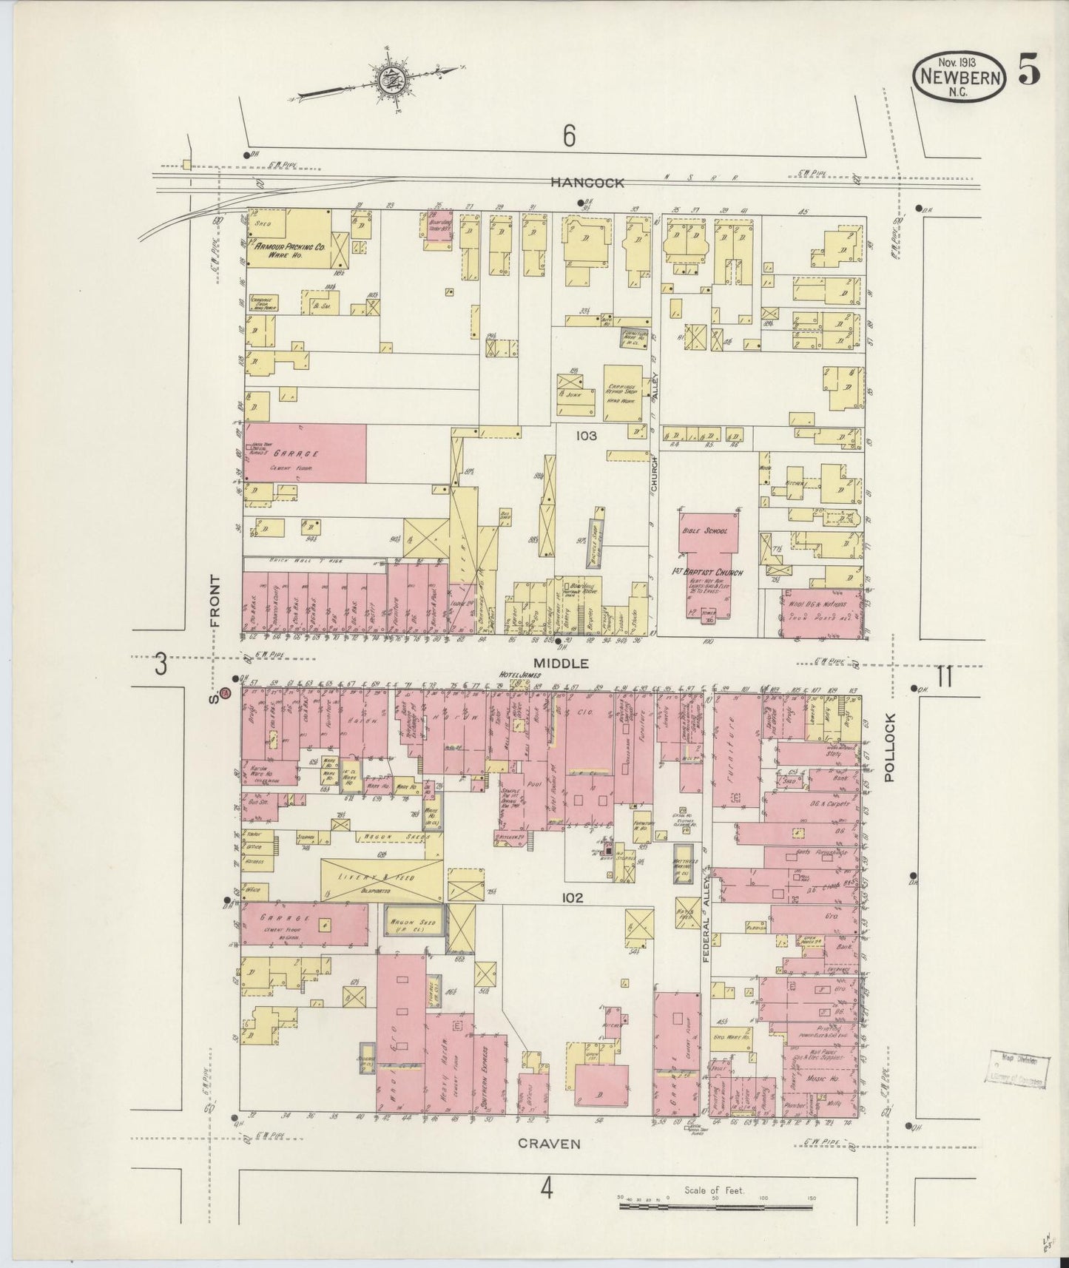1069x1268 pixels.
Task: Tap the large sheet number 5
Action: click(1029, 72)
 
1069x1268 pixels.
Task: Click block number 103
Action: click(587, 436)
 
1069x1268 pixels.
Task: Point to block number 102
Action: click(573, 898)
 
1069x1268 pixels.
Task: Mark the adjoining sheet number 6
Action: click(568, 135)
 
